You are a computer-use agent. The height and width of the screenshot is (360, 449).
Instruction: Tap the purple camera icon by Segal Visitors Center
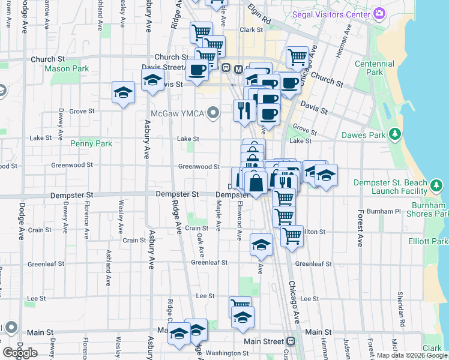click(x=379, y=13)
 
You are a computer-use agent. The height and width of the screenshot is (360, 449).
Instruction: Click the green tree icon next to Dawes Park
click(x=395, y=135)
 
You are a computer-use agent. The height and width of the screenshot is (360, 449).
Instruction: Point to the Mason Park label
click(x=67, y=68)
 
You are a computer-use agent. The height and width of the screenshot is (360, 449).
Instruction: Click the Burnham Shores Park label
click(x=426, y=209)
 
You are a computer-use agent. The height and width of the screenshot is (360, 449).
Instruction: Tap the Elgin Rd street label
click(x=260, y=20)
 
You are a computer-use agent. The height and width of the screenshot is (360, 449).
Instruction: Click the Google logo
click(x=20, y=352)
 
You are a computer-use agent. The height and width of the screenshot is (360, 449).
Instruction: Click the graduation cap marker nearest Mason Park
click(x=123, y=93)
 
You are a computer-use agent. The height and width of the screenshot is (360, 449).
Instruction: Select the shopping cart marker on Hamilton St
click(x=292, y=235)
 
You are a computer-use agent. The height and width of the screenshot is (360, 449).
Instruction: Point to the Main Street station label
click(x=264, y=341)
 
